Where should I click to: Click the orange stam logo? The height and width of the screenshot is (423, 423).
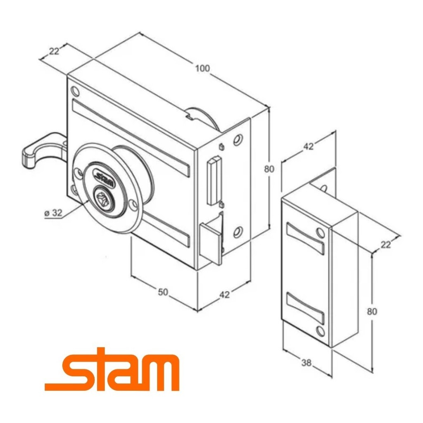tap(112, 369)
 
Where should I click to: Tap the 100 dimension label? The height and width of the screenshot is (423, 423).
tap(202, 68)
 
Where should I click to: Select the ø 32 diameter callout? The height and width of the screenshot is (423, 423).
tap(53, 213)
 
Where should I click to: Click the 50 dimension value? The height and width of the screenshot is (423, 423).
tap(163, 292)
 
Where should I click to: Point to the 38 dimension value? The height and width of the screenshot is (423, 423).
tap(306, 363)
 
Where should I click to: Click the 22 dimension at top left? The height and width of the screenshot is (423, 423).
tap(54, 51)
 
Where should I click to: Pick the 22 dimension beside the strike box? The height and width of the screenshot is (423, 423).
tap(386, 245)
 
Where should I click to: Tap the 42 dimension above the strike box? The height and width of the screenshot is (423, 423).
tap(309, 146)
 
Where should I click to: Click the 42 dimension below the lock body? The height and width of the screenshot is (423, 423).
tap(224, 295)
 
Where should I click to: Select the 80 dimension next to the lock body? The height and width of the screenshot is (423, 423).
tap(269, 169)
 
